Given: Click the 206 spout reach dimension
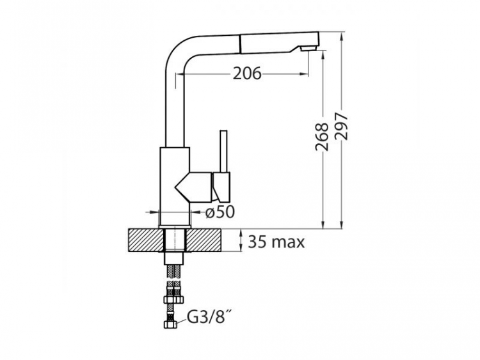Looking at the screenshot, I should click(x=247, y=74).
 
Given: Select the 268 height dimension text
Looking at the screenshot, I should click(x=321, y=137).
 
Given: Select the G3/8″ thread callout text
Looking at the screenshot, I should click(x=207, y=317).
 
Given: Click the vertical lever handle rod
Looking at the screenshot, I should click(x=223, y=152).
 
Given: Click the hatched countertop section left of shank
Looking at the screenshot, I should click(x=145, y=240).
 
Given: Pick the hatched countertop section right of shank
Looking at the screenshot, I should click(x=205, y=240).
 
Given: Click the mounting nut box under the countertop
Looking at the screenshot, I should click(x=175, y=258).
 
